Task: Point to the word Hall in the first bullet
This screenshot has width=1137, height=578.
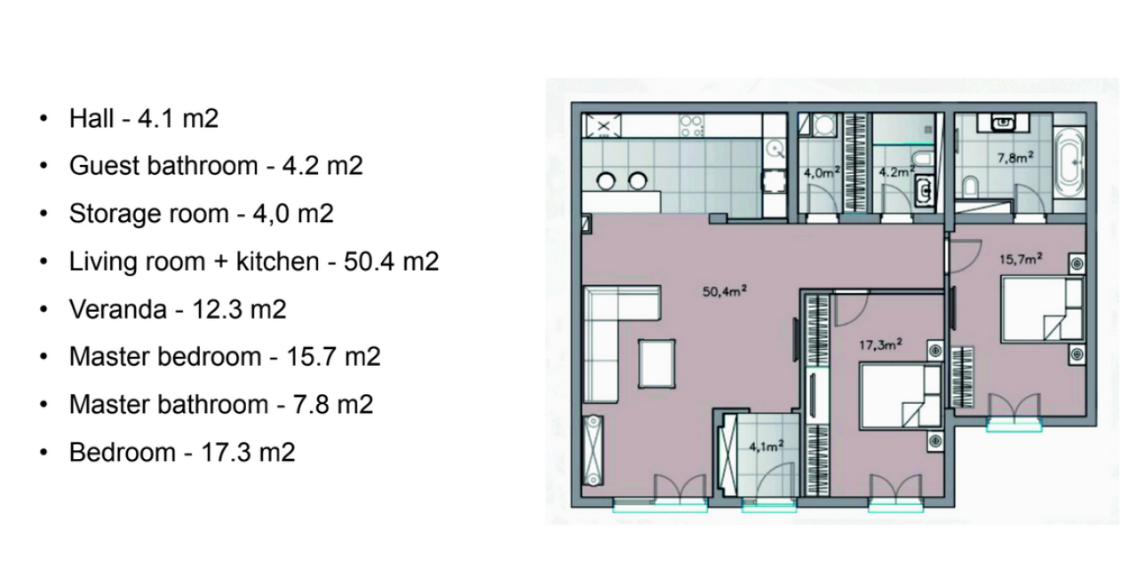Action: [91, 118]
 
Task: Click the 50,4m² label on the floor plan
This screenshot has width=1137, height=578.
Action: [722, 291]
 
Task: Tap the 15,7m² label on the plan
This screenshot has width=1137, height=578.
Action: [1020, 260]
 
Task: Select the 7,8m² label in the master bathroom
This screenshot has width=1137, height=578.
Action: [1014, 158]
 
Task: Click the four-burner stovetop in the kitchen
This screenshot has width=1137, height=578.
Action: [691, 126]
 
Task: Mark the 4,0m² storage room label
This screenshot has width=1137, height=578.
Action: [822, 173]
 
